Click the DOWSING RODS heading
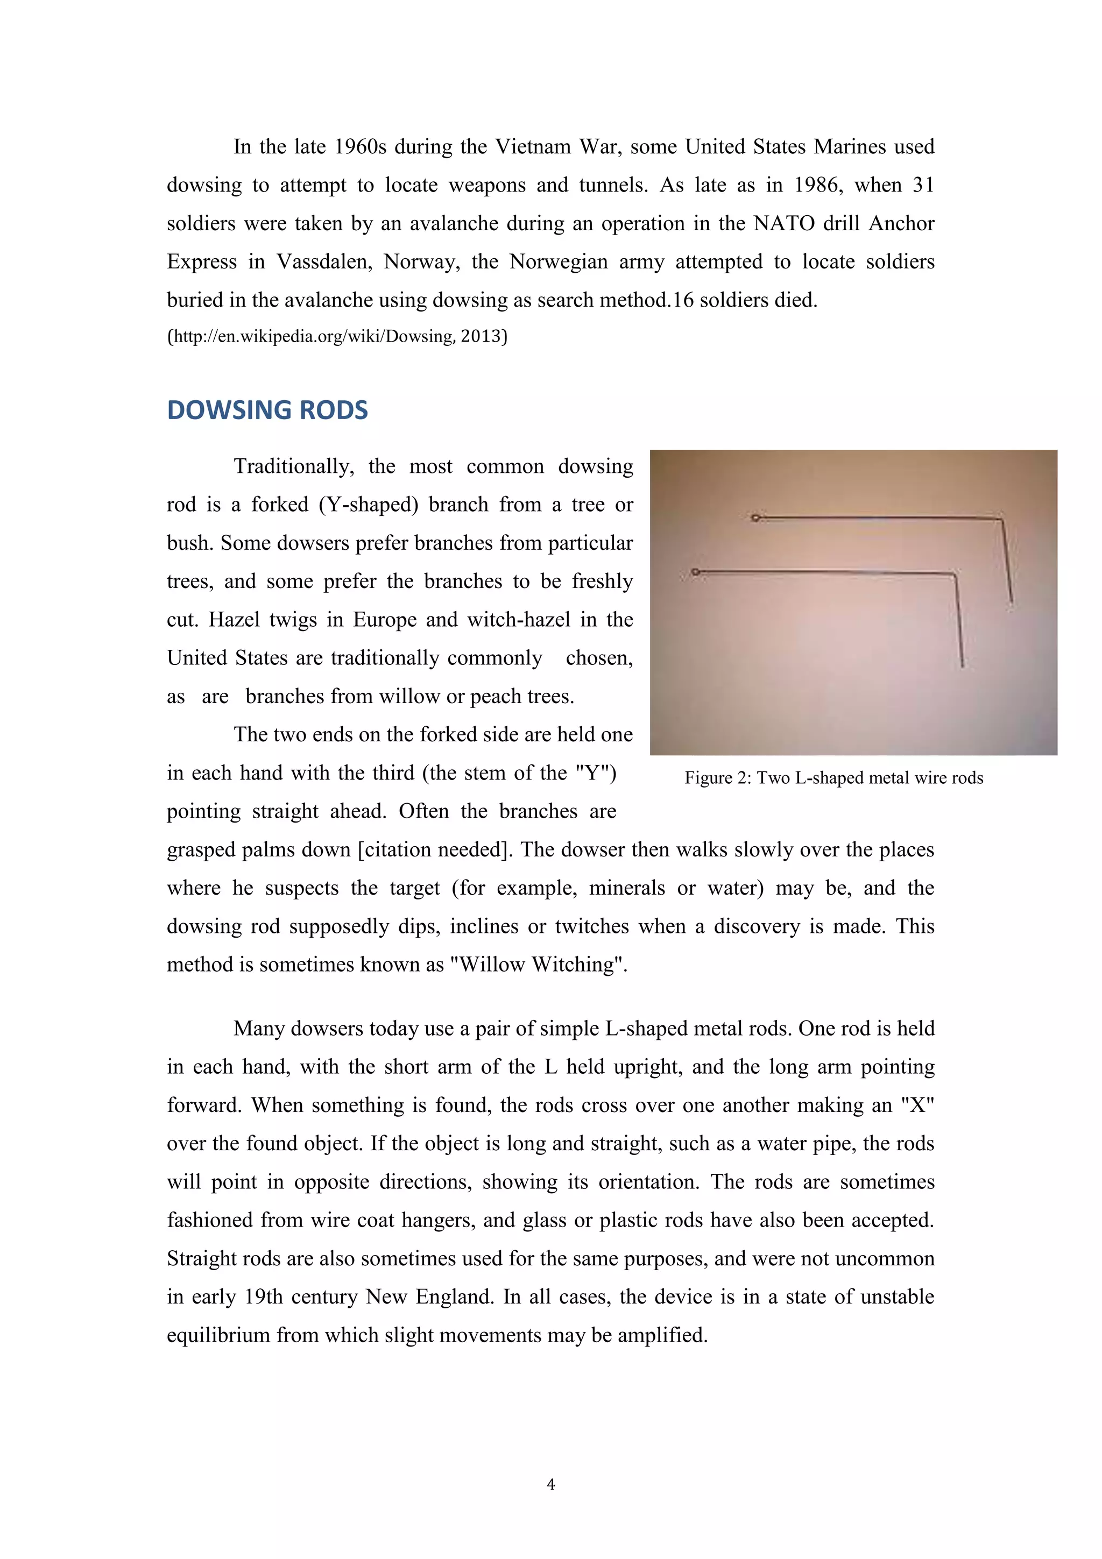[267, 410]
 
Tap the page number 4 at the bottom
[550, 1484]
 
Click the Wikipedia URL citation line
[337, 336]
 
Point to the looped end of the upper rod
[755, 518]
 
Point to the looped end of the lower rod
[695, 572]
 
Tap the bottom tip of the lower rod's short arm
[962, 665]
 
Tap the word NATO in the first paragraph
[783, 223]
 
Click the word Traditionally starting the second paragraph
[293, 466]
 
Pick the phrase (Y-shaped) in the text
[373, 505]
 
